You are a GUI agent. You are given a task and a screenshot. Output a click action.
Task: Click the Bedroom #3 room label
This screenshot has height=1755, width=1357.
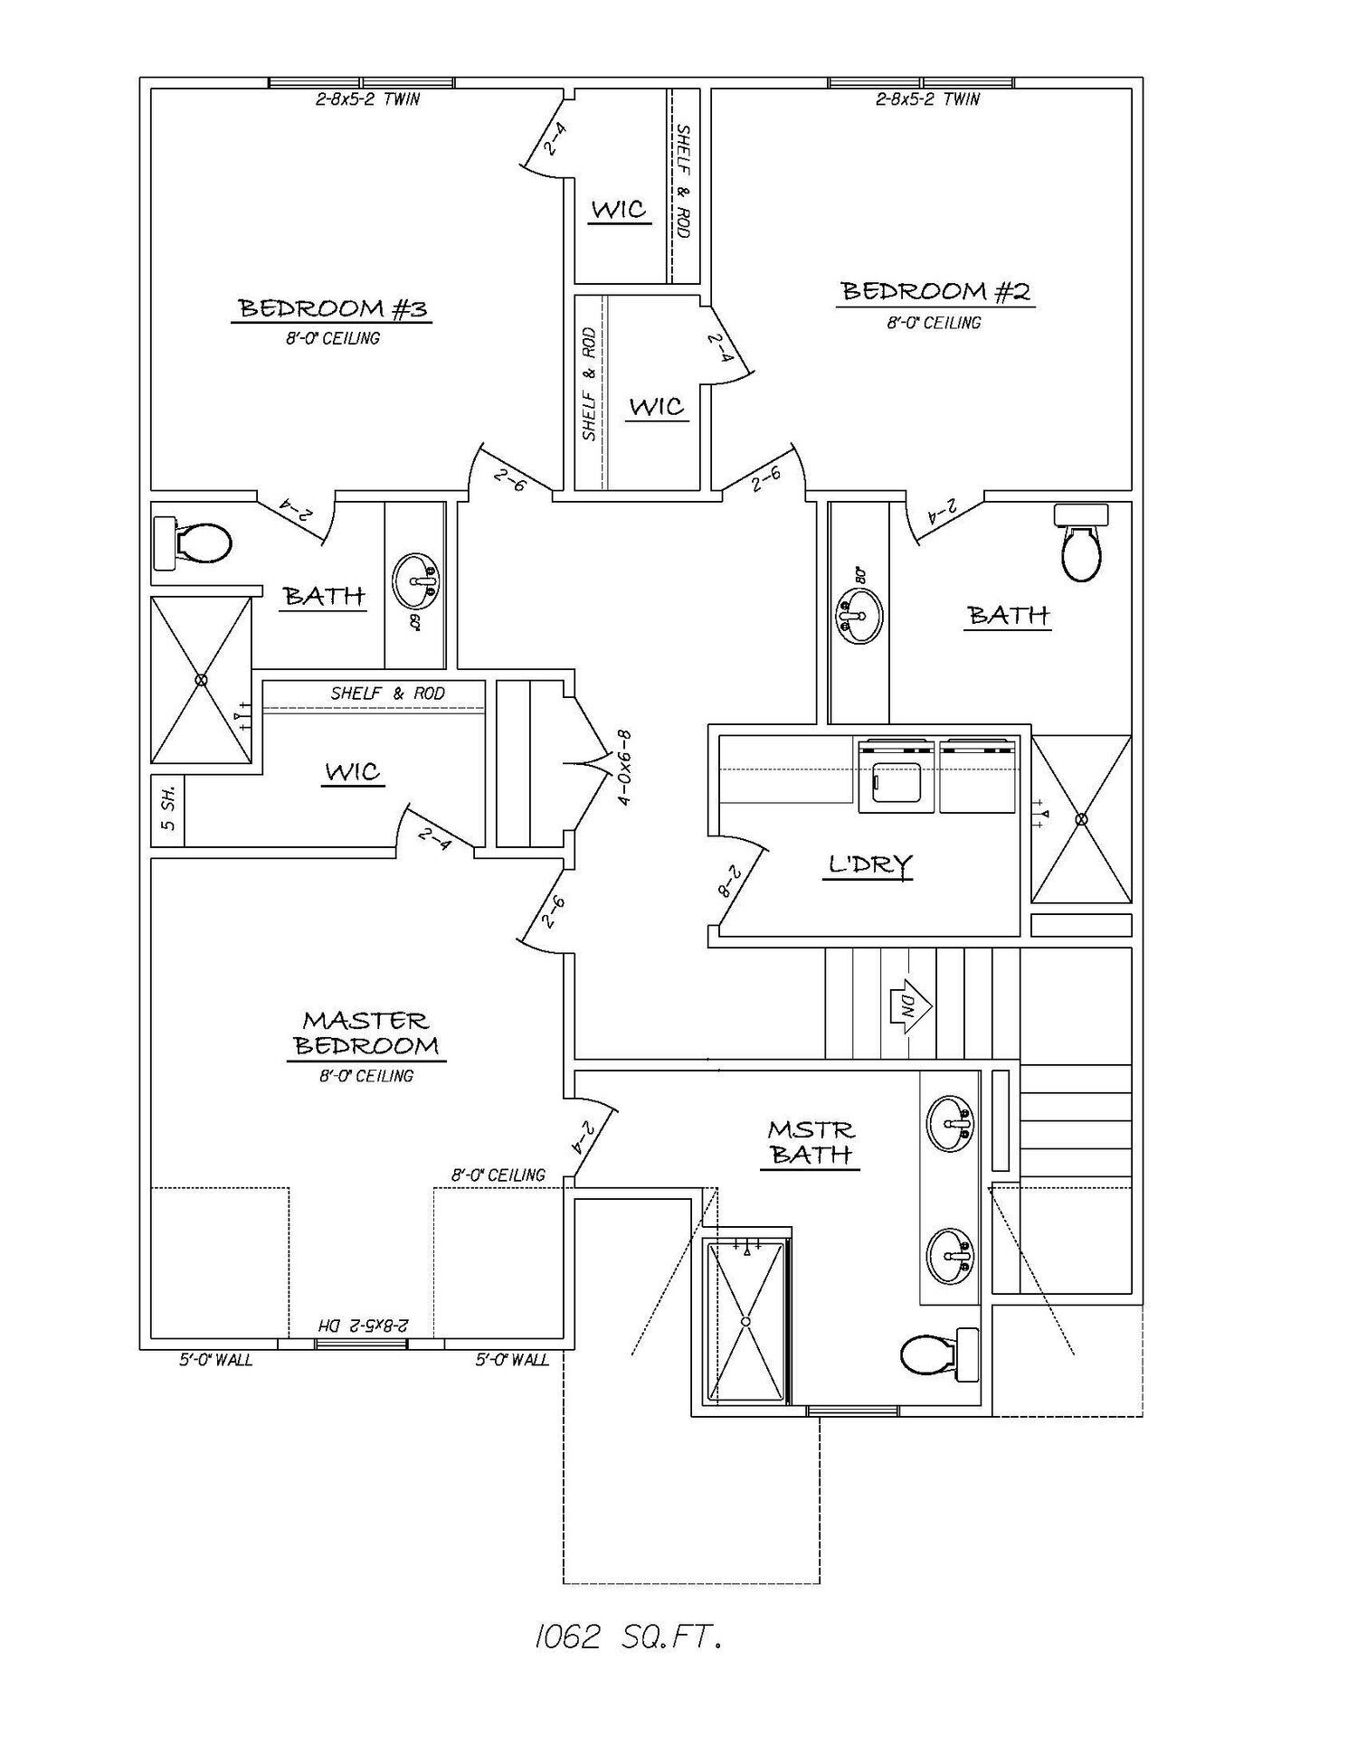(333, 308)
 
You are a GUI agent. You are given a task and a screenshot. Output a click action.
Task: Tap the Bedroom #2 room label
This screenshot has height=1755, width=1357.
(935, 291)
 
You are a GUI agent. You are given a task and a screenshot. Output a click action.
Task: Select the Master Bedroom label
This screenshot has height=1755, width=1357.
(366, 1033)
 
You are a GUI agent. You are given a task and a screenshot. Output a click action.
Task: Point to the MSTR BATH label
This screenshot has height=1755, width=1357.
(811, 1142)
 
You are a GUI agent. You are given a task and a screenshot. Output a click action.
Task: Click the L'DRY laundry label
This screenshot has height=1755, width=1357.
(870, 864)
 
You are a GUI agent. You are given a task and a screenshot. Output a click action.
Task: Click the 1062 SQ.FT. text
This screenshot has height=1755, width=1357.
(628, 1637)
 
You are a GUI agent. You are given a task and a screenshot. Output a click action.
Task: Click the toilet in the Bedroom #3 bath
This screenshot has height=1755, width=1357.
(192, 543)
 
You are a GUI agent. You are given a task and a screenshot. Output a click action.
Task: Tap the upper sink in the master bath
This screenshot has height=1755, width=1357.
(950, 1123)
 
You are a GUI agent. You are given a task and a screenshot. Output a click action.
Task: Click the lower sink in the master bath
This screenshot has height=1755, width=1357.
(950, 1255)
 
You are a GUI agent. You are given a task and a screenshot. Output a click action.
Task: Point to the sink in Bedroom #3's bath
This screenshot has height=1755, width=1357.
(415, 581)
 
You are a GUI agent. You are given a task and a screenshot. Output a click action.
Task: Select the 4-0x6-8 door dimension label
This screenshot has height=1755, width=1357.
(623, 768)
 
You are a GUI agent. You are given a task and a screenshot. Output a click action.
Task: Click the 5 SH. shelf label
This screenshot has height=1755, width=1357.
(168, 810)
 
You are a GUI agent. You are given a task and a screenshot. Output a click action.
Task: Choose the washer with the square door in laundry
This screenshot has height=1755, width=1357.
(896, 775)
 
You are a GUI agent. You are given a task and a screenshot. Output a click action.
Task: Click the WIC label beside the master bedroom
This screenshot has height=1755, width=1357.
(353, 772)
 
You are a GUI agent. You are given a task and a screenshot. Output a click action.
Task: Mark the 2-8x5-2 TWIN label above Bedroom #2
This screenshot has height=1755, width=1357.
(928, 99)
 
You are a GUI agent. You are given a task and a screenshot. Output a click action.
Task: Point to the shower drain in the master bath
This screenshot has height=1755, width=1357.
(746, 1321)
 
